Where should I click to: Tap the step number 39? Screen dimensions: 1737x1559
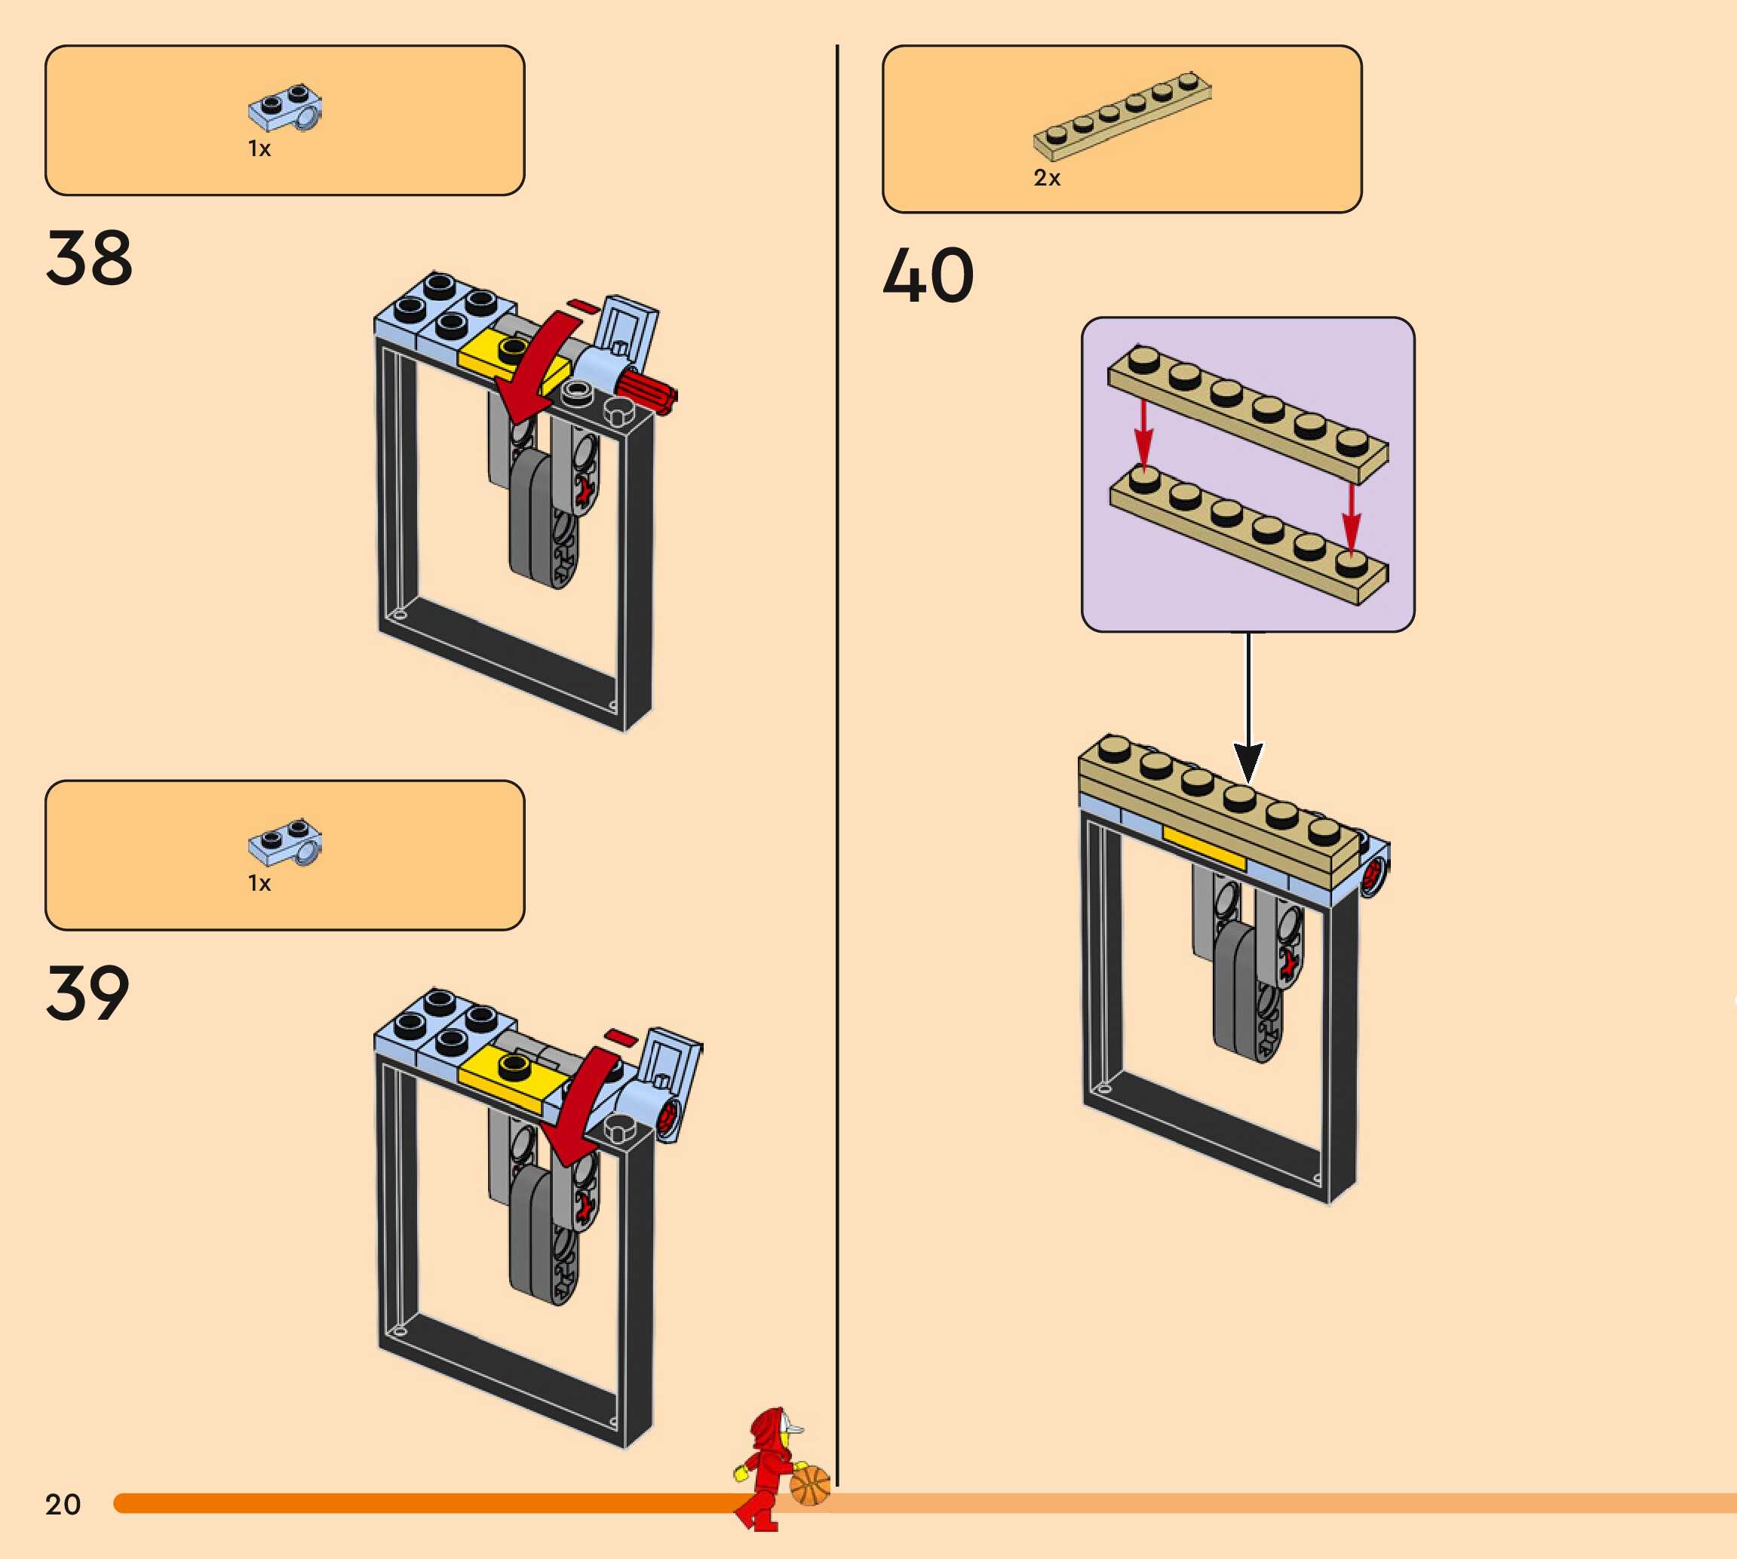[x=87, y=993]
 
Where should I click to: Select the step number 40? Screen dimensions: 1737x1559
[x=928, y=276]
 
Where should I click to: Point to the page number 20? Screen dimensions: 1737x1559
[x=63, y=1504]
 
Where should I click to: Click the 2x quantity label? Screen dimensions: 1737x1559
[x=1046, y=178]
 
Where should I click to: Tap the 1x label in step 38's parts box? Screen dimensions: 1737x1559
[x=259, y=149]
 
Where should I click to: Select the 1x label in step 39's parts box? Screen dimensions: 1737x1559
[x=259, y=883]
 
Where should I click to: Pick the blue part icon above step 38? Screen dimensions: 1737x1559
[x=285, y=108]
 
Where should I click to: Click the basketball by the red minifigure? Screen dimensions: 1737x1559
[x=809, y=1485]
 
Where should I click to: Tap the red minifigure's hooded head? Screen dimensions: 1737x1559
[x=770, y=1429]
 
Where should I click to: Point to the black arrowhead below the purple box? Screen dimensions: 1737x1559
[x=1248, y=761]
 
